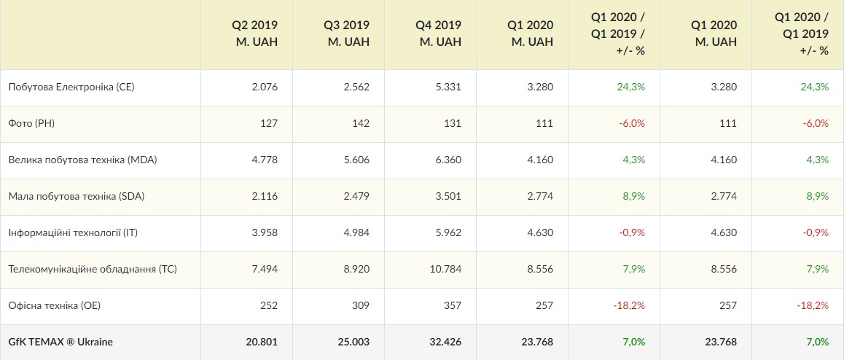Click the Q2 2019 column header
[254, 34]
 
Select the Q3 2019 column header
[346, 34]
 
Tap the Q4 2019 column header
[438, 34]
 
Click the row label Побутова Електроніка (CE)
[71, 87]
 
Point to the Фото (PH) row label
[31, 124]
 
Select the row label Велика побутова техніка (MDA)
[82, 160]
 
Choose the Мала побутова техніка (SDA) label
[80, 197]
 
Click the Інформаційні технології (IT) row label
[73, 233]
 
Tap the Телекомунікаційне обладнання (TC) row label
[93, 270]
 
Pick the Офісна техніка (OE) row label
[55, 306]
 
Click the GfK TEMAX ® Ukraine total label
[60, 342]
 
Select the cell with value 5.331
[448, 87]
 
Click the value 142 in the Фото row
[360, 124]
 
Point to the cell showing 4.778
[264, 160]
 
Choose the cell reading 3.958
[264, 233]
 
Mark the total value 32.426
[444, 342]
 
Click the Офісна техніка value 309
[360, 306]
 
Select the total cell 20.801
[260, 342]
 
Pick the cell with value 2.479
[356, 197]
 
